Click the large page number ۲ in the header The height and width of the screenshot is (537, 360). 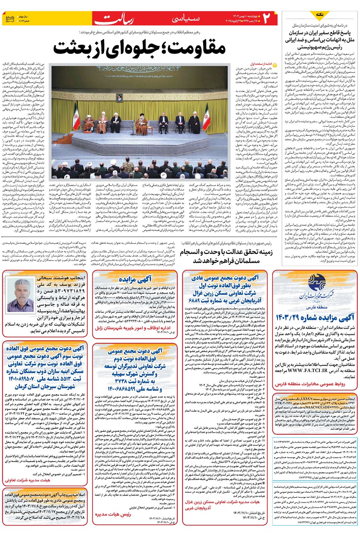[x=266, y=18]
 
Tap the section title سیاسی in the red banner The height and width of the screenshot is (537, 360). [x=186, y=18]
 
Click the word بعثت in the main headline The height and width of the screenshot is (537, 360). [x=74, y=48]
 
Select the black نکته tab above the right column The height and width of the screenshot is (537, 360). [x=319, y=15]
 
